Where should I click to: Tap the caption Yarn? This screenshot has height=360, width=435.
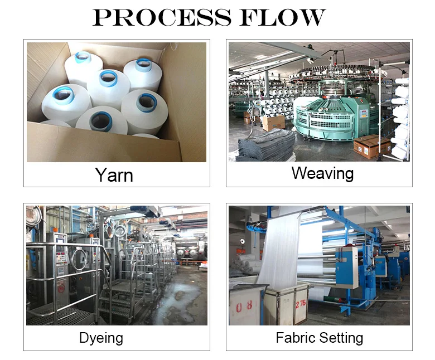coord(114,175)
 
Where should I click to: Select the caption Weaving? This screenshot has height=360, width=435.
coord(322,173)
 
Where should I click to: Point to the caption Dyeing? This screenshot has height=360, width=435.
coord(101,338)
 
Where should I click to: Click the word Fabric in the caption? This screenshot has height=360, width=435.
coord(296,338)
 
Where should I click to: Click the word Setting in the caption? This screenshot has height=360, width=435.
coord(340,338)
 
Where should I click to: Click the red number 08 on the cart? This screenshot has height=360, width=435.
coord(245,305)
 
